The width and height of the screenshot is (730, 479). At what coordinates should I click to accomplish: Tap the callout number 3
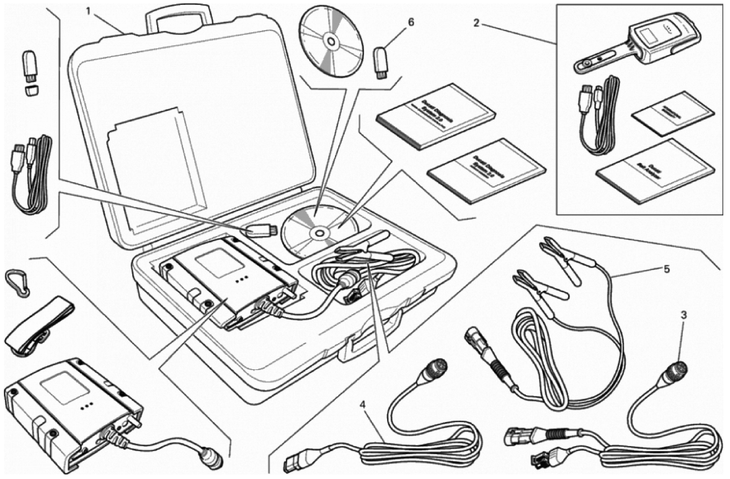[x=683, y=315]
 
